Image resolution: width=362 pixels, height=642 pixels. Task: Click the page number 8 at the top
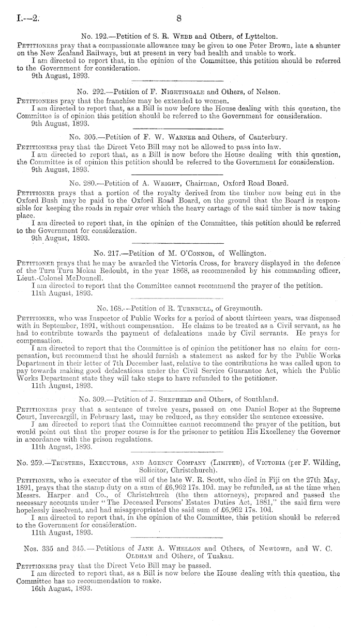179,19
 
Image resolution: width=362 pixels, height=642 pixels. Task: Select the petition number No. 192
94,37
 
